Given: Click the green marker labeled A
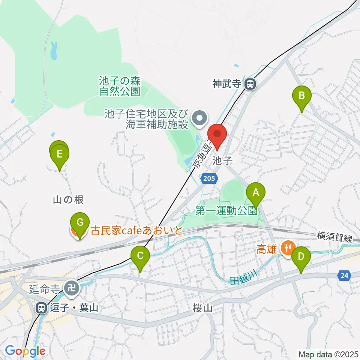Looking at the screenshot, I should tap(256, 193).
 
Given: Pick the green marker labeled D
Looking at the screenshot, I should tap(301, 258).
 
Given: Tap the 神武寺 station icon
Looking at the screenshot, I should tap(250, 84).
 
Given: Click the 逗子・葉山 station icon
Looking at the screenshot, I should tap(40, 308).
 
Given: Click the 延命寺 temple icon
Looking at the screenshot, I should tap(71, 288).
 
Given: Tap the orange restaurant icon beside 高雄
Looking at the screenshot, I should tap(288, 247).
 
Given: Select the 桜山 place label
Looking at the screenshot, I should tap(202, 308).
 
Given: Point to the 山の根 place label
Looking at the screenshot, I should tap(68, 200).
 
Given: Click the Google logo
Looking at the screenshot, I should tap(25, 351).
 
